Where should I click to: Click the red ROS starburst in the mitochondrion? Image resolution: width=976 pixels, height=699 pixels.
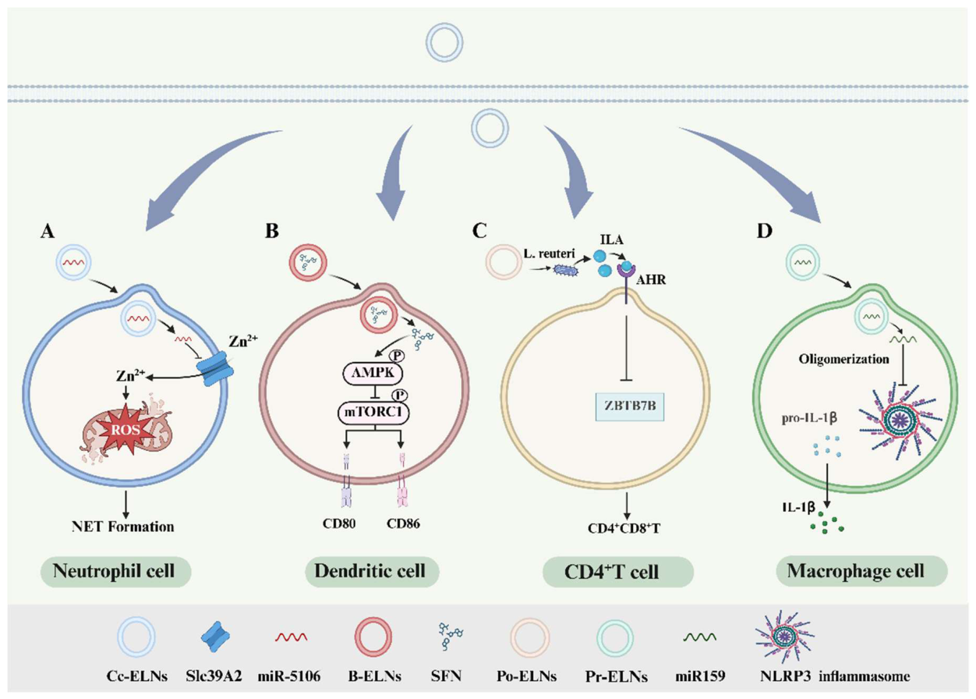pos(126,430)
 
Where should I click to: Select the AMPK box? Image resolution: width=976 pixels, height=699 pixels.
pos(373,372)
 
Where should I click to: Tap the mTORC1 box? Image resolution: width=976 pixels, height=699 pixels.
pos(374,412)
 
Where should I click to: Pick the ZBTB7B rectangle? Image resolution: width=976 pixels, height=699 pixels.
pos(630,406)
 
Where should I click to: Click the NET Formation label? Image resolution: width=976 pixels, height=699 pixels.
pos(123,527)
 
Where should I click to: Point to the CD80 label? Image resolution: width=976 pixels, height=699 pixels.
pos(339,523)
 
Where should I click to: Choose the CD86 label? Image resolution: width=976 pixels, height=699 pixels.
pos(404,523)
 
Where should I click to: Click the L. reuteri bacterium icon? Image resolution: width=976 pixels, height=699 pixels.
pos(565,271)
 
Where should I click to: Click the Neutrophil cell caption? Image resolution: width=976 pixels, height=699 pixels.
pos(114,571)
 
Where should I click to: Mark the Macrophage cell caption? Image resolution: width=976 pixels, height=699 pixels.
pos(856,571)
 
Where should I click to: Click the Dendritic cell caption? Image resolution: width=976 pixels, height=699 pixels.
pos(370,571)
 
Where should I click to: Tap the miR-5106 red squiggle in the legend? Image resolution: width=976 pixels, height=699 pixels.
pos(291,637)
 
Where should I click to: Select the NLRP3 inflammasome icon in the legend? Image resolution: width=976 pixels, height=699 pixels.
pos(785,636)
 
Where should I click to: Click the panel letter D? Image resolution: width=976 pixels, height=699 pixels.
pos(765,231)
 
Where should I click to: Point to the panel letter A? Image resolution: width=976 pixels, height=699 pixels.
pos(48,231)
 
